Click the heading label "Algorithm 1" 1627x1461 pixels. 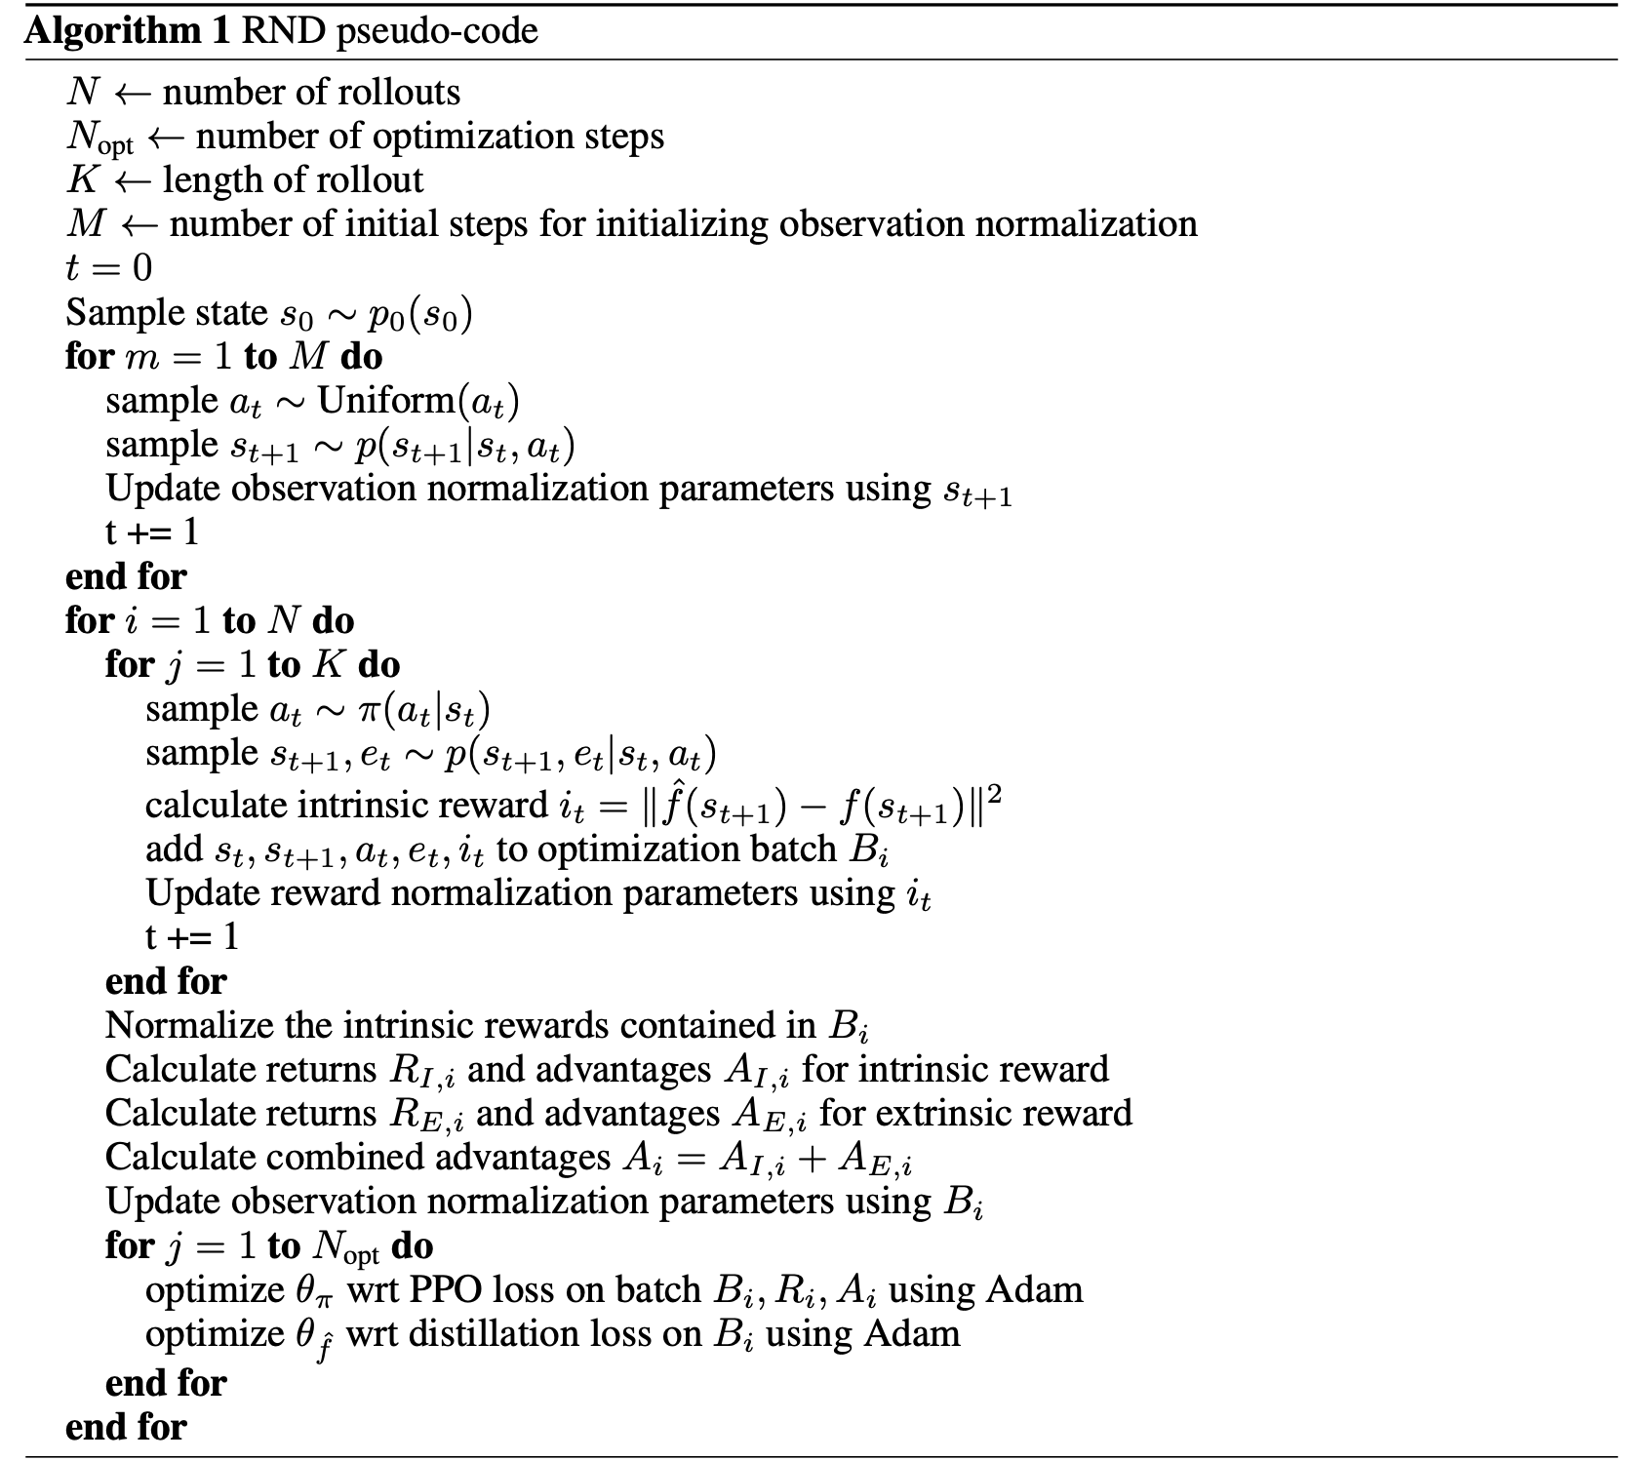coord(128,31)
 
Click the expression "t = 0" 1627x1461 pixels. coord(108,268)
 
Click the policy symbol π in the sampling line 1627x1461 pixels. coord(370,711)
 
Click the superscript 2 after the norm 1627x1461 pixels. coord(995,795)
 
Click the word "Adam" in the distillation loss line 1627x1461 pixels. coord(915,1333)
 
